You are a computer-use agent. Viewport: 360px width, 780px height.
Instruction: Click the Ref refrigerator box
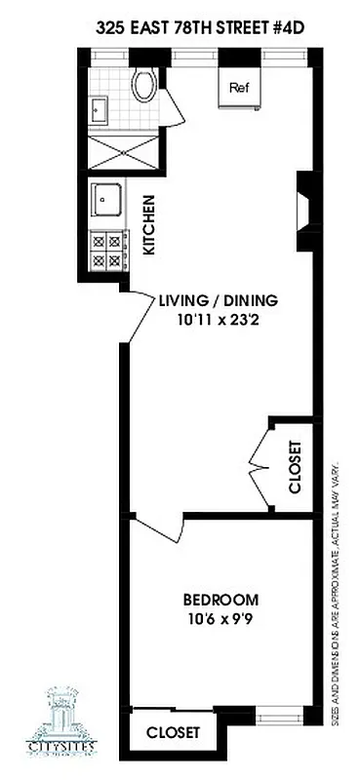239,86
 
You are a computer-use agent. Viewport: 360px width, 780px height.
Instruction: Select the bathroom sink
100,110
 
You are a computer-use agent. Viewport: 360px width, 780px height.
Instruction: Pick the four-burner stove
106,251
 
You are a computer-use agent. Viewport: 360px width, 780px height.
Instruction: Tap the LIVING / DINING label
219,300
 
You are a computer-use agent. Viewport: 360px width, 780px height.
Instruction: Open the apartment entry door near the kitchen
140,317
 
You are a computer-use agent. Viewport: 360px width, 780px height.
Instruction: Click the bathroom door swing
174,110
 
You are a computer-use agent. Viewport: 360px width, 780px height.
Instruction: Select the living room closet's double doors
259,467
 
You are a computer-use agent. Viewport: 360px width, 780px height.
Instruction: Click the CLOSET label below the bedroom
174,732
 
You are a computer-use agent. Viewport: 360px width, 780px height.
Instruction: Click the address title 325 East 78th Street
194,31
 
